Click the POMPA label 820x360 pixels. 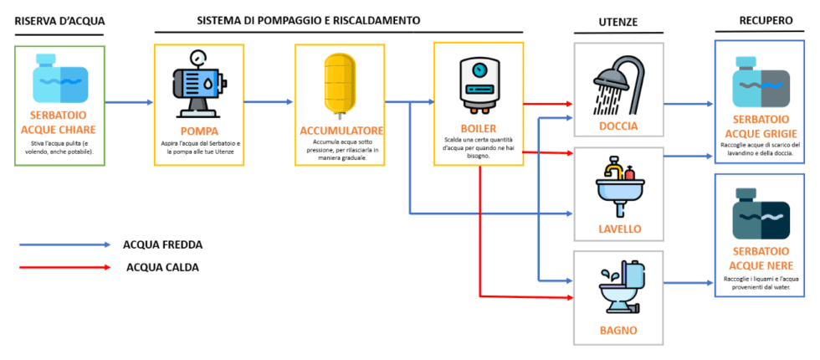198,131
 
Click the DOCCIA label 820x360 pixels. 618,126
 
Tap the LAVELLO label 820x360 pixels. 619,229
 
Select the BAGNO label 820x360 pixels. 618,330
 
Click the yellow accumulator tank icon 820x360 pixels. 340,82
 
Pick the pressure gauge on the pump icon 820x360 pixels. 198,58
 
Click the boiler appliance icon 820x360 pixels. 479,84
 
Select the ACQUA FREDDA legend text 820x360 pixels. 162,245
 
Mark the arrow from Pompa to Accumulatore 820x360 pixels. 268,102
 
